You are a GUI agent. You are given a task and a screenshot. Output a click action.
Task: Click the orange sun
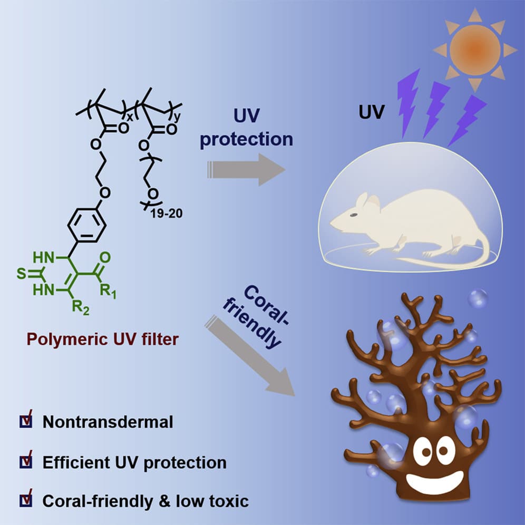(x=475, y=50)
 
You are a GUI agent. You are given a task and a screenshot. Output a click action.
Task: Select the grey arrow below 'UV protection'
(x=247, y=169)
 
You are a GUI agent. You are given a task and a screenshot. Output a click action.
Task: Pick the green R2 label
(x=81, y=307)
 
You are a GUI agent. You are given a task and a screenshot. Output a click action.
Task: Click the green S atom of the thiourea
(x=22, y=274)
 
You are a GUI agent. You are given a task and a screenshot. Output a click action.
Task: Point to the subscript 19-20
(x=167, y=213)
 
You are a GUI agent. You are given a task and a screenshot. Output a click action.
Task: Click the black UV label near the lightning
(x=371, y=112)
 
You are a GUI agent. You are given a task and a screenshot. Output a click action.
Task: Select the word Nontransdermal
(x=108, y=422)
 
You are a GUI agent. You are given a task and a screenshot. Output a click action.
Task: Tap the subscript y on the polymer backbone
(x=177, y=117)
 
